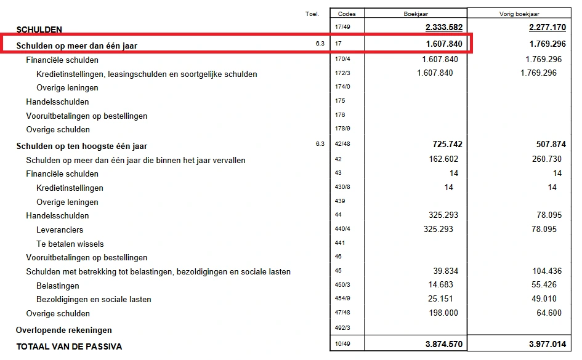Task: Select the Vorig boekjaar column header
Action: point(519,14)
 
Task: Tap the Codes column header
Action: point(347,14)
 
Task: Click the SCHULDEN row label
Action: point(39,30)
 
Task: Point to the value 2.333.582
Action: point(443,28)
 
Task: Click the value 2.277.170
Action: point(548,28)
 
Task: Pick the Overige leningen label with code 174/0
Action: point(67,87)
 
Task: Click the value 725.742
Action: point(448,144)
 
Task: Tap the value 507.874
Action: point(549,144)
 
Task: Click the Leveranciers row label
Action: point(60,230)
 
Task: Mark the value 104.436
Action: point(546,271)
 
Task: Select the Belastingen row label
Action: point(58,286)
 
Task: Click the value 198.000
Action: point(442,313)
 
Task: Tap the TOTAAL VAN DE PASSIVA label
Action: point(69,346)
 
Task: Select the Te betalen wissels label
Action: point(70,244)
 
